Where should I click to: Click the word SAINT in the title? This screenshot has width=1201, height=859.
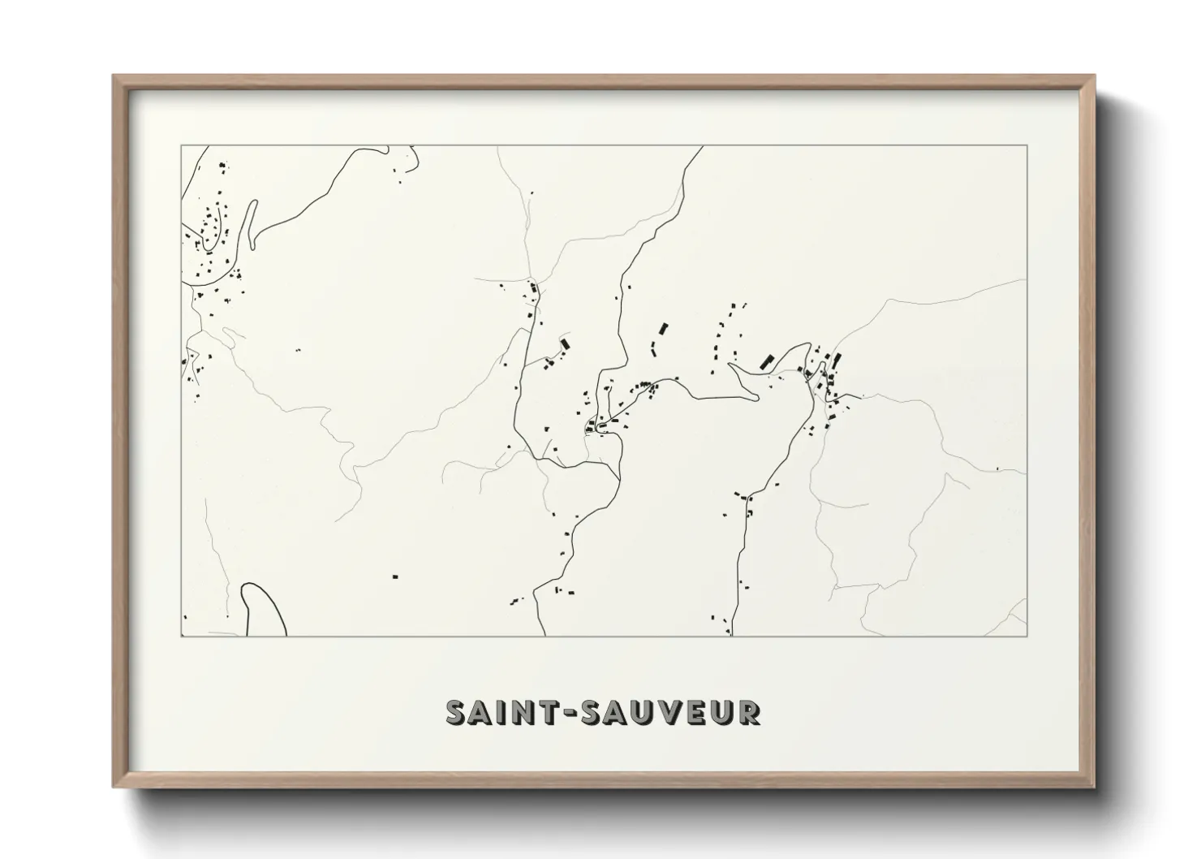pos(497,712)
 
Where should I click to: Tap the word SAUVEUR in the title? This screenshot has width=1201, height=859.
pos(663,712)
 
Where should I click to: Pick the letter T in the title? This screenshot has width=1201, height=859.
pos(545,712)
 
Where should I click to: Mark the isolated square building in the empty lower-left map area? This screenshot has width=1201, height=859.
pos(395,576)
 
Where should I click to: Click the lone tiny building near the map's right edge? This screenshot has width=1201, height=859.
pos(997,468)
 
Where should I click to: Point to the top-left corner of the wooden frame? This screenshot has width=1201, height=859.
pos(114,76)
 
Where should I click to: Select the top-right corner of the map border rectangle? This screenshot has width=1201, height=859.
pos(1027,145)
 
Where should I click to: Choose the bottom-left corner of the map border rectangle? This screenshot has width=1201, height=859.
pos(181,636)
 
